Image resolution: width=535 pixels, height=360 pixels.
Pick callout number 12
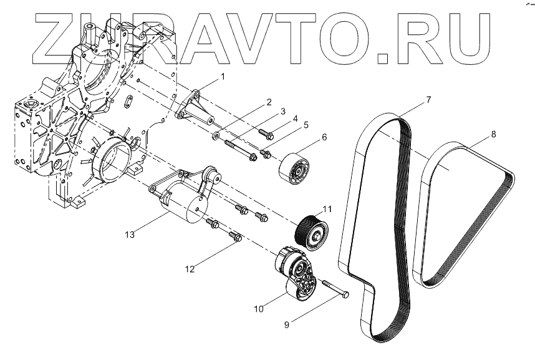190,269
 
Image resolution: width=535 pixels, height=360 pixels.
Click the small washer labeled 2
216,135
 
